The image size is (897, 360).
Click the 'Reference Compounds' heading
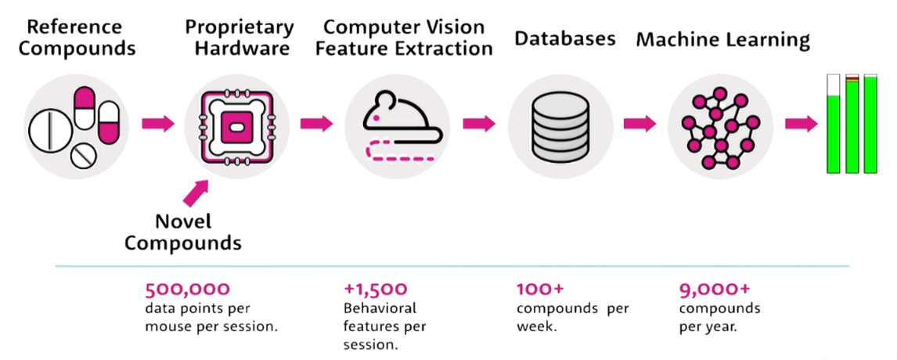(x=77, y=38)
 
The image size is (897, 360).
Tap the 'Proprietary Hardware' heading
(x=240, y=38)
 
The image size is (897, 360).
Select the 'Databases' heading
(x=564, y=38)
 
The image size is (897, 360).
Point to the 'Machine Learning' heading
(x=723, y=39)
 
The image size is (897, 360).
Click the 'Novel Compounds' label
(x=183, y=232)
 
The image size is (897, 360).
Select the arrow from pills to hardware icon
(x=158, y=123)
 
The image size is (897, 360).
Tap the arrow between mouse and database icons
(x=479, y=123)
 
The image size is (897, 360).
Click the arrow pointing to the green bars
(x=802, y=123)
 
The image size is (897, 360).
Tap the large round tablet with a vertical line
(x=51, y=130)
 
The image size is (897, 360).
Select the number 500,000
(x=187, y=290)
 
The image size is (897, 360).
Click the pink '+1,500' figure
(x=376, y=290)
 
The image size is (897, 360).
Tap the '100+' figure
(x=540, y=289)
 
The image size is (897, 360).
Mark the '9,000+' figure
(x=714, y=290)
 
